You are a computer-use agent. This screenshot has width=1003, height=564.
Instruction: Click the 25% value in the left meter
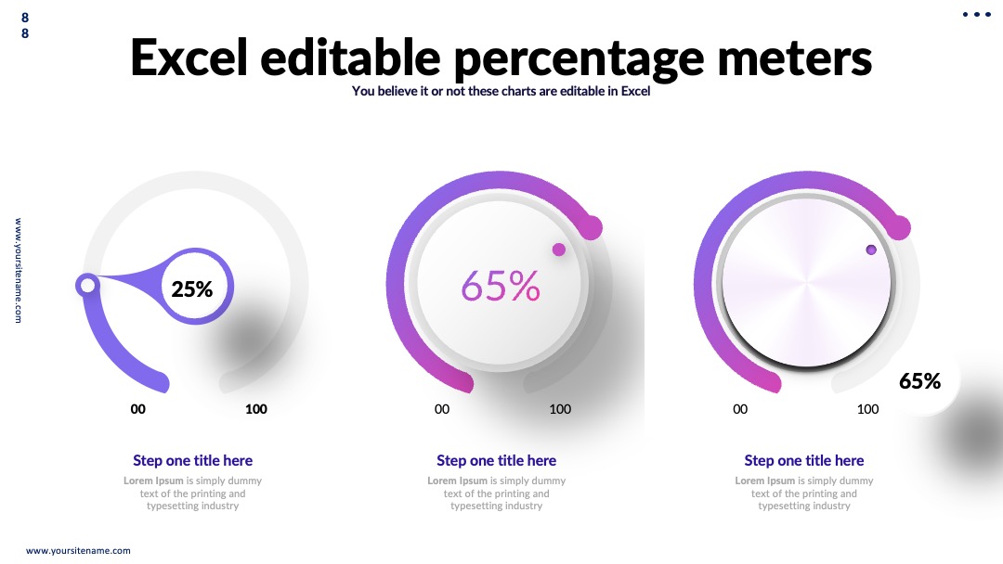tap(192, 289)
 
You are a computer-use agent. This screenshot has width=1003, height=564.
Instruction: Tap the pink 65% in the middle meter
tap(501, 286)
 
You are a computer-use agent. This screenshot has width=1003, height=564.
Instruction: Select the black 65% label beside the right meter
tap(919, 381)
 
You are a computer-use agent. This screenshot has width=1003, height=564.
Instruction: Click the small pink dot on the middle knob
tap(559, 250)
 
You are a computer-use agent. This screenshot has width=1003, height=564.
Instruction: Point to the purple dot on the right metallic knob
tap(871, 250)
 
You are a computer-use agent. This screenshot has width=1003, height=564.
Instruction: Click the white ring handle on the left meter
tap(87, 285)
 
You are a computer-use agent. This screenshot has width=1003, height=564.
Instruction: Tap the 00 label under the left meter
tap(138, 409)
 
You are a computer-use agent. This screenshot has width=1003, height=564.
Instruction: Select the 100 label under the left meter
tap(256, 409)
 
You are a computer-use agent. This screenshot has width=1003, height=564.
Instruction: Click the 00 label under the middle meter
tap(442, 409)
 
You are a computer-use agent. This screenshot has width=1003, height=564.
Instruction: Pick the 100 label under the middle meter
tap(560, 409)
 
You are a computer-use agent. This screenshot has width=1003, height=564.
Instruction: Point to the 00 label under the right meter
tap(740, 409)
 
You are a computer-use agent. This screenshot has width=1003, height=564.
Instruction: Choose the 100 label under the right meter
tap(867, 409)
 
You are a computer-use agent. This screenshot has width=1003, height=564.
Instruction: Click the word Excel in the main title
tap(189, 58)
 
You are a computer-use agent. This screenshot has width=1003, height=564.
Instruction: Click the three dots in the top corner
tap(977, 15)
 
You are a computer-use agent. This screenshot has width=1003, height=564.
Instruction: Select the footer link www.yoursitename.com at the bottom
tap(78, 551)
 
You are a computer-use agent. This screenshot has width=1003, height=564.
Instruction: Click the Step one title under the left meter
tap(192, 460)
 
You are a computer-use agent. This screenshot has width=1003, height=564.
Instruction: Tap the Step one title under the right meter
tap(804, 460)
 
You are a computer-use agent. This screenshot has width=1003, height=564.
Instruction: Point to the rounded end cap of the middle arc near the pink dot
tap(591, 228)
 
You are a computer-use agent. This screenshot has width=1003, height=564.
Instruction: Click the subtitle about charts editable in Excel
tap(501, 91)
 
